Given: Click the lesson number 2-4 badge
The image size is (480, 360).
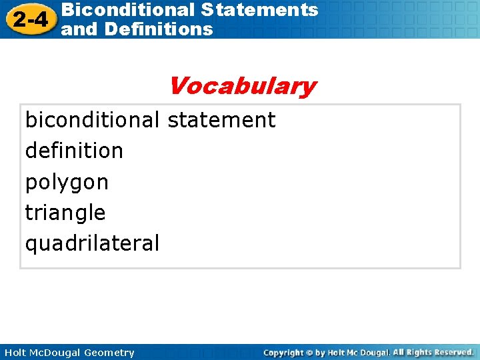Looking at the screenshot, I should tap(27, 19).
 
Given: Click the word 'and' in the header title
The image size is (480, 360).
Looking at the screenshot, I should tap(79, 29).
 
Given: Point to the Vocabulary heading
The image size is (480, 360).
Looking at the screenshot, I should tap(242, 86).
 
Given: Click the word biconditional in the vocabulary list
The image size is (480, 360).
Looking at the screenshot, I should tap(92, 120).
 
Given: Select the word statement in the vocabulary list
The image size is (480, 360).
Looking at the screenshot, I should tap(221, 120).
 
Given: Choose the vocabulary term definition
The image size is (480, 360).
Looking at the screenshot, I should tap(74, 151).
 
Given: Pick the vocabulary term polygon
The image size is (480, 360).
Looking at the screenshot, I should tap(67, 182).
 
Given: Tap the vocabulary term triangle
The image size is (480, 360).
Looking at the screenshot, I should tap(65, 213).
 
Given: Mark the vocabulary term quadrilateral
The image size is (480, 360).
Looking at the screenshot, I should tap(92, 243).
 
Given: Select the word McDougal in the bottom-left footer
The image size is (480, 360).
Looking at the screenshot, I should tap(57, 353).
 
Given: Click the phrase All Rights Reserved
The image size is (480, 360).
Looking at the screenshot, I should tap(433, 352).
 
